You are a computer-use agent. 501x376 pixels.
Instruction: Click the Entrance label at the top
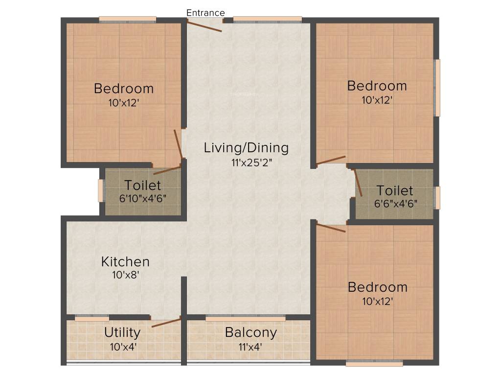coord(205,13)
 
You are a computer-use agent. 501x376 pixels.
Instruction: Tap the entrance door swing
coord(205,26)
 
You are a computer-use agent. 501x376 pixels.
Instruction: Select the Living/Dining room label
coord(246,147)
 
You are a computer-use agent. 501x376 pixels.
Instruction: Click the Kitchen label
coord(125,261)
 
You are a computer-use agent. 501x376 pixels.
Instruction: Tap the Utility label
coord(122,332)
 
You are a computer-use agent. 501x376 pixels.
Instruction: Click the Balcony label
coord(250,332)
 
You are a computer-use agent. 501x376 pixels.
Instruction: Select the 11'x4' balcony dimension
coord(250,347)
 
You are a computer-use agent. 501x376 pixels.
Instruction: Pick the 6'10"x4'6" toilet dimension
coord(142,199)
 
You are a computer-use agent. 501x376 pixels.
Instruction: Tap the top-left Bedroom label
coord(124,89)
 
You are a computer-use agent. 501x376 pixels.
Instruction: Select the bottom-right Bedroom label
coord(377,287)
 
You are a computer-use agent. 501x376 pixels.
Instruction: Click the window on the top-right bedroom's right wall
coord(437,88)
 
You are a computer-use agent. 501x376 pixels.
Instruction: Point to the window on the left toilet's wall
coord(101,191)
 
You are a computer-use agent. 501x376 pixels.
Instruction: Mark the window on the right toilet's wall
coord(437,197)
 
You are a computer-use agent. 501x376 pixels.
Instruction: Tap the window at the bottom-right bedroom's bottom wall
coord(374,363)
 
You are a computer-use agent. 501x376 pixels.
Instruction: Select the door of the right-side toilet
coord(358,183)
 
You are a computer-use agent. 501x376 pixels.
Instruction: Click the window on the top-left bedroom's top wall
coord(128,20)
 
